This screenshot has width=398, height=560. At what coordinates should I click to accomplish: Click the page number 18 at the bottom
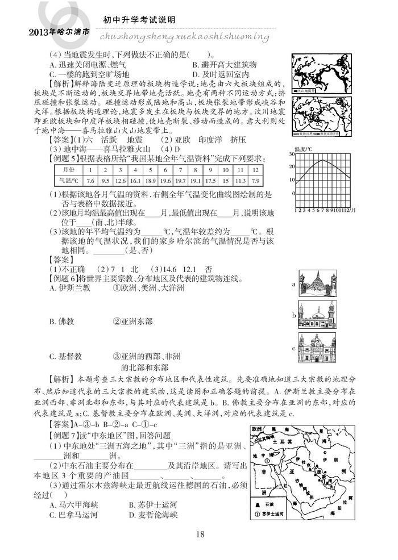tap(199, 534)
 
